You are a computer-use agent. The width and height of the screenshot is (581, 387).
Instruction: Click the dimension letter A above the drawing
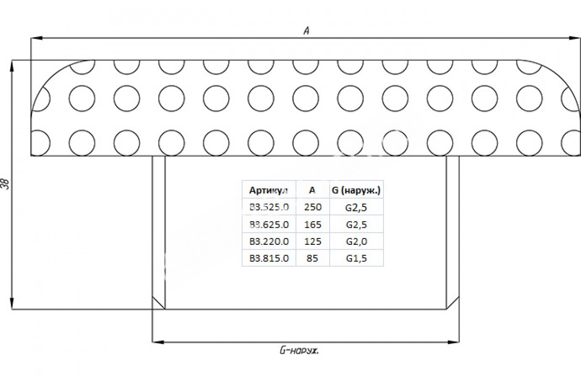tap(306, 31)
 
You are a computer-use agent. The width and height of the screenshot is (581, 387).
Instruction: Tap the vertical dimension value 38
tap(6, 184)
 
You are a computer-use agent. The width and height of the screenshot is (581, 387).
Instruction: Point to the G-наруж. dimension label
tap(299, 351)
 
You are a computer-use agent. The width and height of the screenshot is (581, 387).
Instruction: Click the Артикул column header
tap(268, 191)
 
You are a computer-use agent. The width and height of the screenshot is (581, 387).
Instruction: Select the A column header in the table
tap(312, 190)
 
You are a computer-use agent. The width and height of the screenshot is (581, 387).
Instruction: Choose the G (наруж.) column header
tap(356, 191)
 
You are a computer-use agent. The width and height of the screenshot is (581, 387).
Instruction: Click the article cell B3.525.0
tap(269, 207)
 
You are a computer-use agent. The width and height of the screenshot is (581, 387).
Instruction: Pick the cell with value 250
tap(313, 207)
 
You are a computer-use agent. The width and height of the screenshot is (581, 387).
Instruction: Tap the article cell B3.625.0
tap(269, 224)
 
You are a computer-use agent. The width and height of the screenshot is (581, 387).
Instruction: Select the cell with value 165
tap(313, 224)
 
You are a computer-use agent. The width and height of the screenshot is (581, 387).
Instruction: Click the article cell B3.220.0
tap(269, 241)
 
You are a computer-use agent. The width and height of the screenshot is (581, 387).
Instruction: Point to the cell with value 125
tap(313, 241)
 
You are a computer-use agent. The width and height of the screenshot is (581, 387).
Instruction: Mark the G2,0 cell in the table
tap(356, 241)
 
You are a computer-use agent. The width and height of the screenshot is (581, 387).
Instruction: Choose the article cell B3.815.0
tap(269, 258)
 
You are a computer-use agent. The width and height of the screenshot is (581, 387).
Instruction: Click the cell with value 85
tap(312, 258)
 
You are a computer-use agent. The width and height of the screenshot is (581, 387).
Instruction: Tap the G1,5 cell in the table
tap(356, 258)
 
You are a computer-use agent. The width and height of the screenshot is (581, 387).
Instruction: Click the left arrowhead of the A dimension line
tap(37, 38)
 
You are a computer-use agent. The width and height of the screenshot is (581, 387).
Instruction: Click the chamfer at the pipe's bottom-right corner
tap(453, 303)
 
